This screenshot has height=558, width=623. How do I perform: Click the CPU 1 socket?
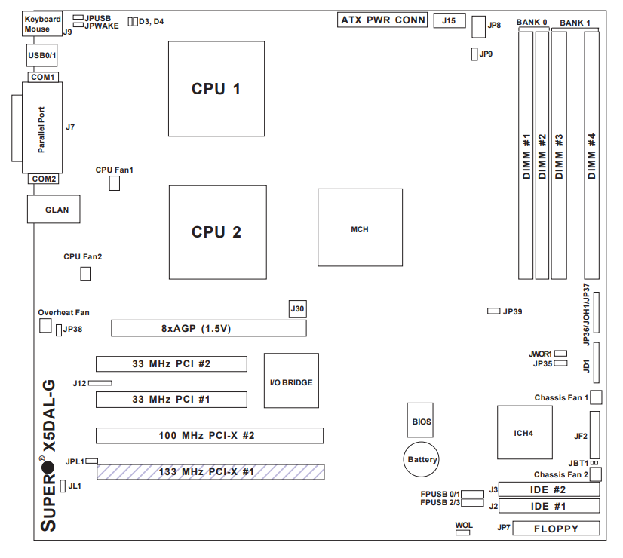216,88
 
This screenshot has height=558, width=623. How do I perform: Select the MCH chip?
360,227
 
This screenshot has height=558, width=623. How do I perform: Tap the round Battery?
422,458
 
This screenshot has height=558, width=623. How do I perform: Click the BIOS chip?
422,422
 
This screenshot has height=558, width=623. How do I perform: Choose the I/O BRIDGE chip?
291,381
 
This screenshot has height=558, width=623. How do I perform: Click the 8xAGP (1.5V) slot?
209,328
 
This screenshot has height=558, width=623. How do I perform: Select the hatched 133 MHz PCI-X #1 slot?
209,472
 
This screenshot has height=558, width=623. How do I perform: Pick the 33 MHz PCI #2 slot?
170,363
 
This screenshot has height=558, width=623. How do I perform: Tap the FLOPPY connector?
556,528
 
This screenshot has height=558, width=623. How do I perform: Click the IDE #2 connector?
550,489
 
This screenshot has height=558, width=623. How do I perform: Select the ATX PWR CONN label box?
383,20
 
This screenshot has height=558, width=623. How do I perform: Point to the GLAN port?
54,209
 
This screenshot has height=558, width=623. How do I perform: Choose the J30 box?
298,308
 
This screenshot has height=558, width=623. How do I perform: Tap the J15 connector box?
449,20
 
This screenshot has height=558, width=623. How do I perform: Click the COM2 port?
43,179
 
